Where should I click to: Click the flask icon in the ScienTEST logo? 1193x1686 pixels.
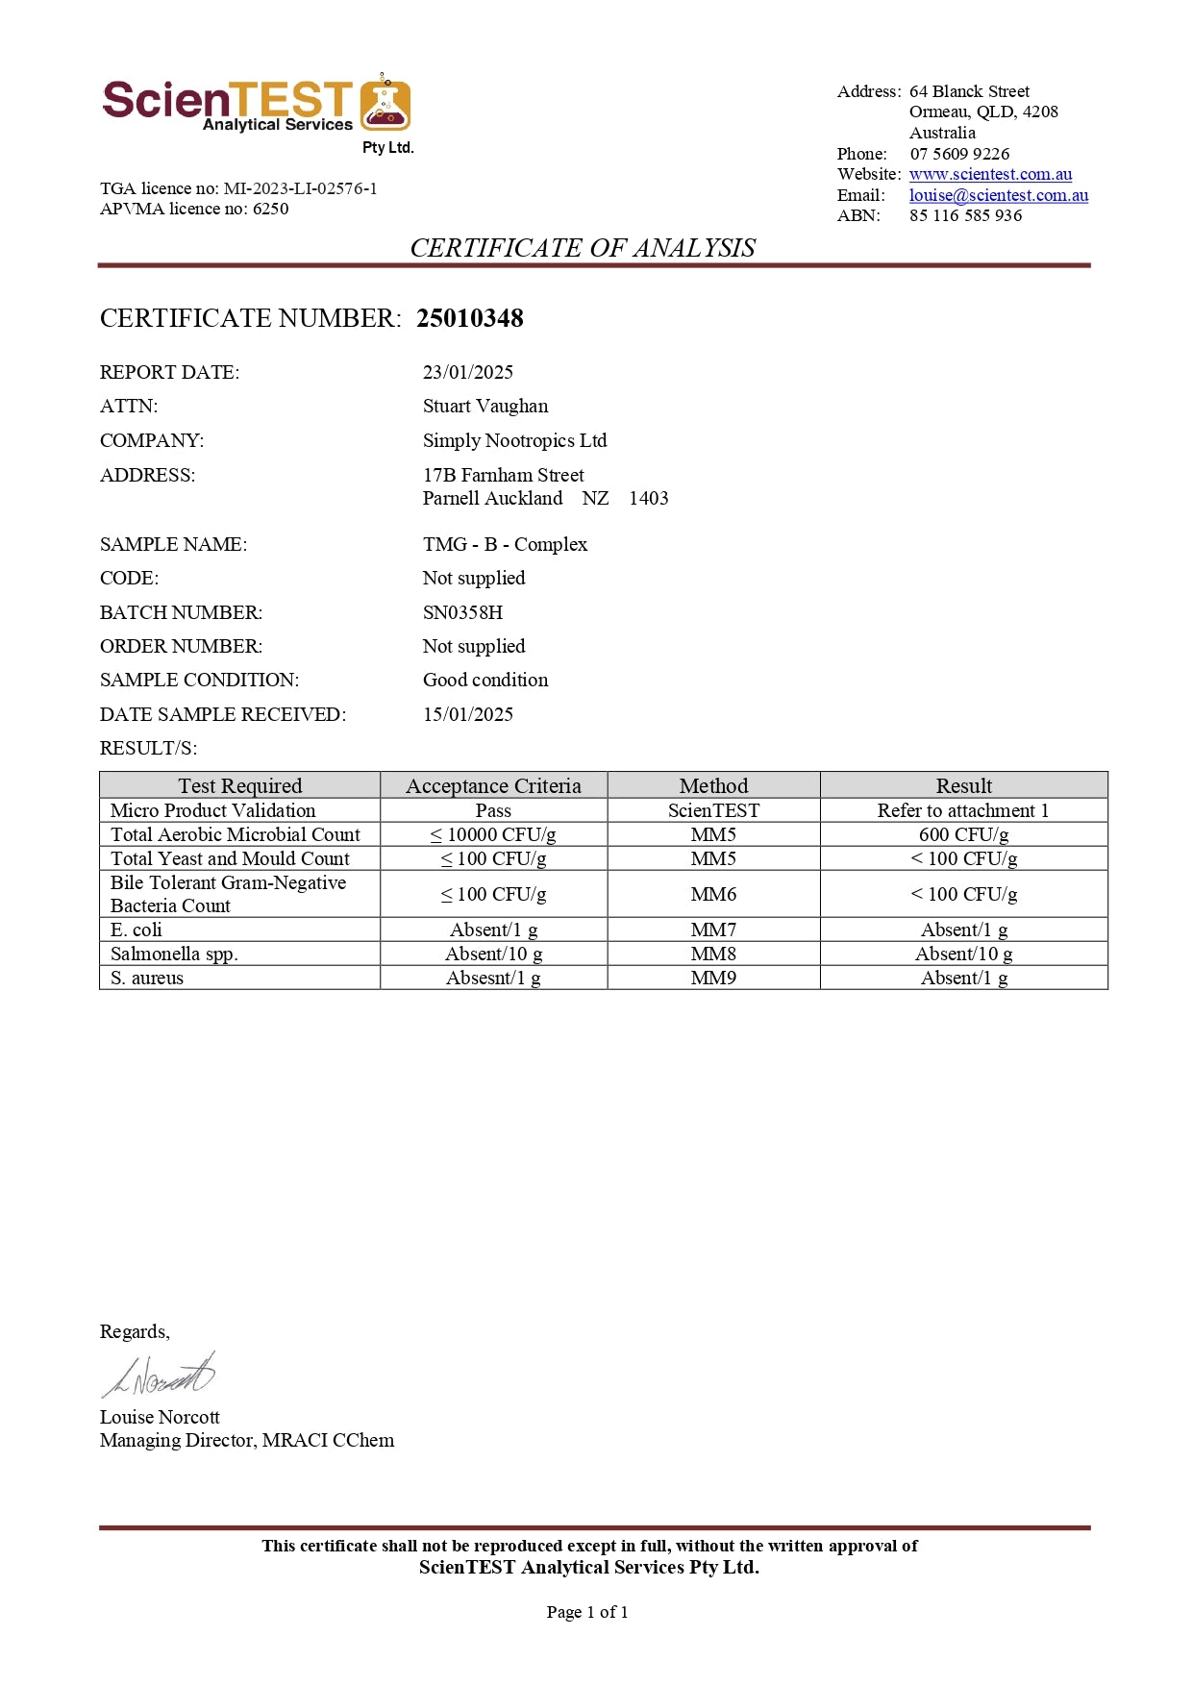tap(385, 105)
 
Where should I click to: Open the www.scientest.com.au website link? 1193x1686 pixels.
tap(990, 174)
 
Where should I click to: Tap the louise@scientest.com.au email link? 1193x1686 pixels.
tap(998, 195)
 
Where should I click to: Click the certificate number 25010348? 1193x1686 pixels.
tap(469, 318)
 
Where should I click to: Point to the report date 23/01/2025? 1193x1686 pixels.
tap(467, 372)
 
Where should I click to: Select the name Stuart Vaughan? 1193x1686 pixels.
tap(485, 406)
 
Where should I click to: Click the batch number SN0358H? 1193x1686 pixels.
tap(462, 612)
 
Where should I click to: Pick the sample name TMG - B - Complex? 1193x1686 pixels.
tap(505, 544)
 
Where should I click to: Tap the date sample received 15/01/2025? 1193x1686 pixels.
tap(467, 714)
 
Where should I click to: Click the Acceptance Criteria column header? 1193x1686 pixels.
tap(493, 785)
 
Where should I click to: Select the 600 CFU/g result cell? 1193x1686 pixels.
tap(963, 834)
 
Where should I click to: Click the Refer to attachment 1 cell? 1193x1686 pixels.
tap(963, 810)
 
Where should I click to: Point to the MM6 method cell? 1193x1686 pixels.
tap(713, 894)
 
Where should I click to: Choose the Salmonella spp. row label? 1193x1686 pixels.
tap(174, 954)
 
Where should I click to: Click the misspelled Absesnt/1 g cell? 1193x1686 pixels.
tap(493, 978)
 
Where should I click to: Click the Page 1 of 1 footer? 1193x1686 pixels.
tap(587, 1612)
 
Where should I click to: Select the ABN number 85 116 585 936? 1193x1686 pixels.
tap(965, 215)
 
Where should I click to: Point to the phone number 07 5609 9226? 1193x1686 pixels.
tap(959, 154)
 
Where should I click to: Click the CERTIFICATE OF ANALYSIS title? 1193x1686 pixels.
tap(583, 248)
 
